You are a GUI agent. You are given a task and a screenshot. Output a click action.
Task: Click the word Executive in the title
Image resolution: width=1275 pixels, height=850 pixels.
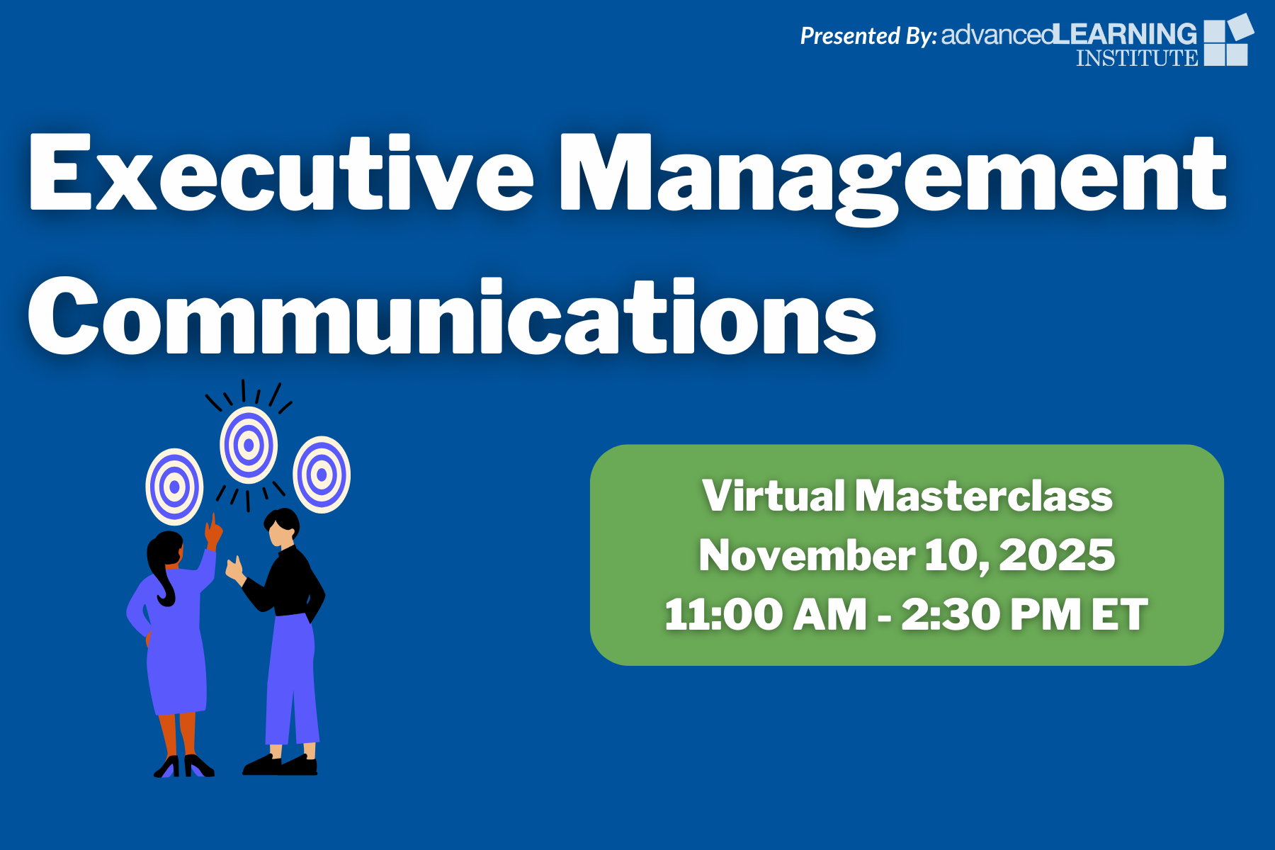coord(281,173)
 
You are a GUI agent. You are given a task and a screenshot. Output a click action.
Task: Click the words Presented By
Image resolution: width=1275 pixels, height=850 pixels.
coord(868,35)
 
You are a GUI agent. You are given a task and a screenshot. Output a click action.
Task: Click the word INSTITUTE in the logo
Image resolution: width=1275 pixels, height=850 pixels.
coord(1137,57)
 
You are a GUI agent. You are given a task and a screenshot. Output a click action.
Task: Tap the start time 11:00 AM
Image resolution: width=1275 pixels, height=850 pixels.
coord(766,614)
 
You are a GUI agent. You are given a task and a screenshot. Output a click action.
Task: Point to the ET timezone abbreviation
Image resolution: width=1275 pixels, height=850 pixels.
coord(1119,614)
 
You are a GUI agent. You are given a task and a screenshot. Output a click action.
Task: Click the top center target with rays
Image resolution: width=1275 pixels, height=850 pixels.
coord(248,446)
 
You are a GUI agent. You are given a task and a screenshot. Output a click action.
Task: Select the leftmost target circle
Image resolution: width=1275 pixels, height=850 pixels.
coord(174,487)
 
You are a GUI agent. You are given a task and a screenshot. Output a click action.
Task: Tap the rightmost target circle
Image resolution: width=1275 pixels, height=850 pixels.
coord(322,475)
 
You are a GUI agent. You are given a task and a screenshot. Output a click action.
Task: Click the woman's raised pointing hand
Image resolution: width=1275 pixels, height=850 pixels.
coord(213,531)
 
